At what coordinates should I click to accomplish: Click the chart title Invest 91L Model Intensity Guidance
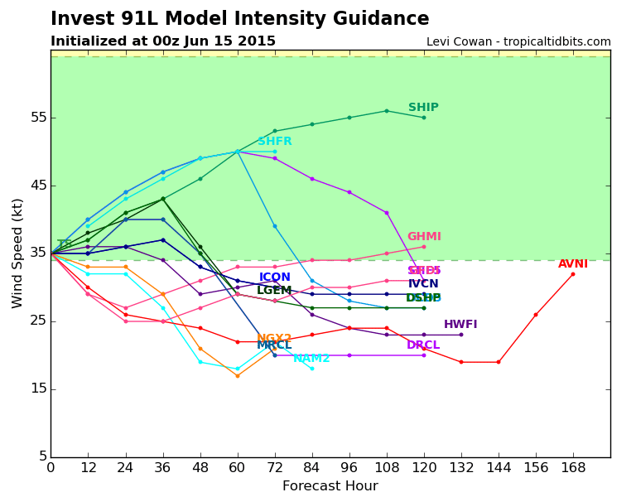(x=240, y=19)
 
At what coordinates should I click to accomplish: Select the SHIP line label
(x=423, y=108)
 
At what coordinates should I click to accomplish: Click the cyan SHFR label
(x=274, y=142)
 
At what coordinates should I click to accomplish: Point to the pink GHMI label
(x=424, y=237)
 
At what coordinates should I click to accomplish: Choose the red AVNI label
(x=573, y=264)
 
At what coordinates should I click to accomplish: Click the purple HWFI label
(x=460, y=325)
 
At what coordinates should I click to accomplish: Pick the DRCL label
(x=423, y=345)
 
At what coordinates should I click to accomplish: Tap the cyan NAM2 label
(x=311, y=359)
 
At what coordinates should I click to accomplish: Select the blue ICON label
(x=275, y=277)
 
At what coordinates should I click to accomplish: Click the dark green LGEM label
(x=274, y=291)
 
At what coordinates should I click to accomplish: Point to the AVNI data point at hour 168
(x=573, y=274)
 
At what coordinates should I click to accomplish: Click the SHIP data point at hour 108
(x=387, y=111)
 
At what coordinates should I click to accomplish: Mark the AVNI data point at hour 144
(x=499, y=362)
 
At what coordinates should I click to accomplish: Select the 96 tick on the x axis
(x=349, y=468)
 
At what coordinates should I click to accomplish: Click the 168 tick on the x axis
(x=573, y=468)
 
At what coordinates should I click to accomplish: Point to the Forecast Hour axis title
(x=330, y=486)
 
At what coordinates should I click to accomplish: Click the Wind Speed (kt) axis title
(x=18, y=253)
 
